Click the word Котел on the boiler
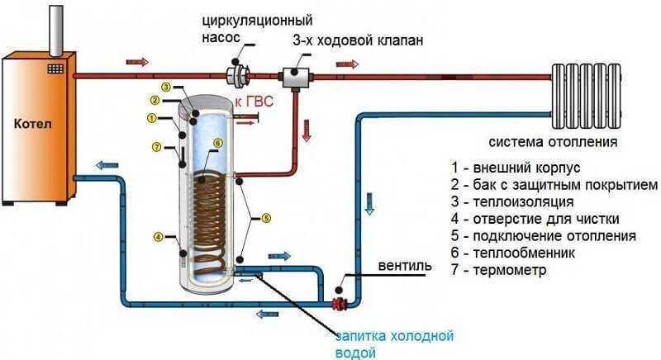32,124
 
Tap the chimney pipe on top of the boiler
55,31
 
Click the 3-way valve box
295,78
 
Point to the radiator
586,96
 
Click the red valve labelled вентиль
340,303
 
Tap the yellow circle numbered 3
167,88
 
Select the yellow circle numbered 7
156,147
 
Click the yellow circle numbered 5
265,218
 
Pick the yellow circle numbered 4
158,237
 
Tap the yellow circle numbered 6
217,143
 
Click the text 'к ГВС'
254,102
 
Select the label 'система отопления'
553,141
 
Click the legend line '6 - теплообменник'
512,253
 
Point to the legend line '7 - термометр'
498,269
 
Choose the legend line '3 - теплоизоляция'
512,201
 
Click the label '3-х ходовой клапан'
358,40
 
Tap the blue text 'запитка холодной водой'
394,343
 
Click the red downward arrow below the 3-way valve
307,130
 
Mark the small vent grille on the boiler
55,69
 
